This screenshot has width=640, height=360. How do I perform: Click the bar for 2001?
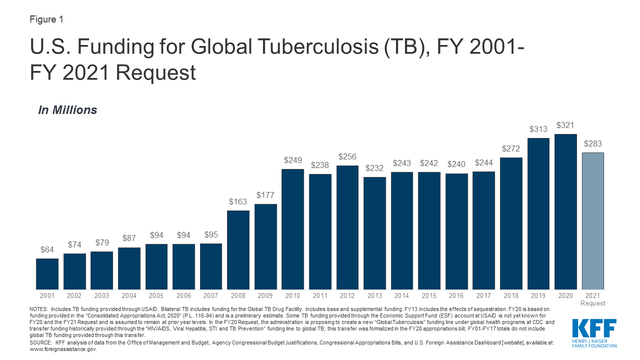[47, 273]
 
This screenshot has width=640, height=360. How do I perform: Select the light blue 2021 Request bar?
[592, 220]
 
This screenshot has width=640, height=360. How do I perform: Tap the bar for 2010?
[292, 229]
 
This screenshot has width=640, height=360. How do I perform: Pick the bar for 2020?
[565, 211]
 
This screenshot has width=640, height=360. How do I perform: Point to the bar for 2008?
[238, 249]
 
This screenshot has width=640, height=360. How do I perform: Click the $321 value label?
[565, 125]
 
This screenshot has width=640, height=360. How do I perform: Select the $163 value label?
[238, 202]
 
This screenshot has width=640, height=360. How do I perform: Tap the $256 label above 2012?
[347, 157]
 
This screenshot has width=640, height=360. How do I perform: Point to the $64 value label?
[47, 250]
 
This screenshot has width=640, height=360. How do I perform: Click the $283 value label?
[592, 144]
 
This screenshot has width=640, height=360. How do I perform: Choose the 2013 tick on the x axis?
[374, 295]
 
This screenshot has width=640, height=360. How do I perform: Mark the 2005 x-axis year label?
[156, 295]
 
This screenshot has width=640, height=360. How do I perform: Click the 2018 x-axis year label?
[511, 295]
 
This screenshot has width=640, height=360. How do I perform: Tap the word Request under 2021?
[592, 303]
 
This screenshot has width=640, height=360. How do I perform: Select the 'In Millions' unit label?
[67, 110]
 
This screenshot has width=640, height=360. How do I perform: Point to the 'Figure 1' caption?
[46, 19]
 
